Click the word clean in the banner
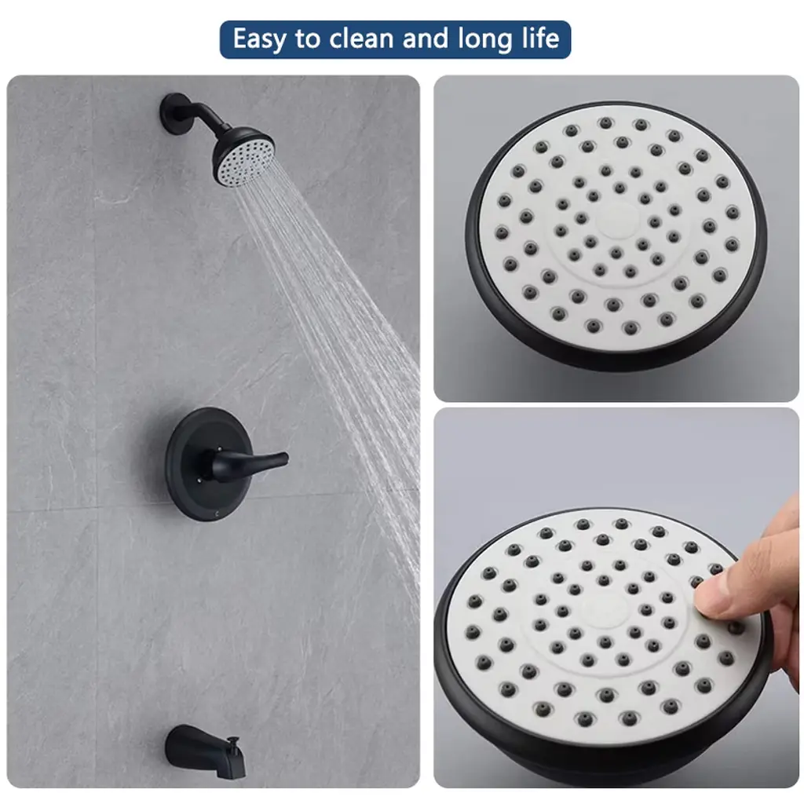(361, 39)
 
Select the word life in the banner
(541, 38)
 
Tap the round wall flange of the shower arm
(174, 114)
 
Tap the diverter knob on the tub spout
(235, 741)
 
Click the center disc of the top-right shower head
(618, 221)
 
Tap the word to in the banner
(308, 40)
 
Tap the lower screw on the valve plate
(199, 481)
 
